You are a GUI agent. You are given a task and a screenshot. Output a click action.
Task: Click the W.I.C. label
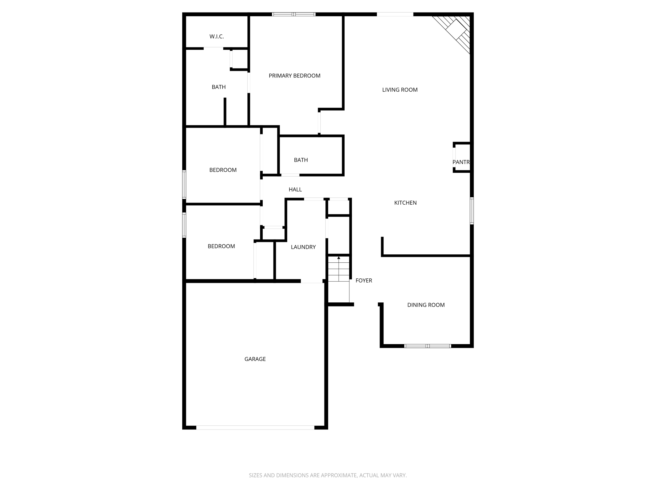pyautogui.click(x=217, y=37)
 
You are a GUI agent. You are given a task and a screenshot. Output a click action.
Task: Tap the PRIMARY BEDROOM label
pyautogui.click(x=294, y=76)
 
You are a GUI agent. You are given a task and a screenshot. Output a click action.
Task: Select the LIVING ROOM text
pyautogui.click(x=400, y=90)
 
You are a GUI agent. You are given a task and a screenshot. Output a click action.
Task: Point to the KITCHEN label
pyautogui.click(x=405, y=203)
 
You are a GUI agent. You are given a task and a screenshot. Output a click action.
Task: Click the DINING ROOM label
pyautogui.click(x=426, y=305)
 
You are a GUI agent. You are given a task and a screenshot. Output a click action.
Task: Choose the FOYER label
pyautogui.click(x=364, y=281)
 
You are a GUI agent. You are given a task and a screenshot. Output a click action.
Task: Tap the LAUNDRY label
pyautogui.click(x=303, y=247)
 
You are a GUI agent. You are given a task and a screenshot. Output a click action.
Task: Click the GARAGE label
pyautogui.click(x=255, y=359)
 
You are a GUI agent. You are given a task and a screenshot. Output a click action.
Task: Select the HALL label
pyautogui.click(x=295, y=190)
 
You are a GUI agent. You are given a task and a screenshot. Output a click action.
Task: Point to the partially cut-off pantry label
pyautogui.click(x=461, y=162)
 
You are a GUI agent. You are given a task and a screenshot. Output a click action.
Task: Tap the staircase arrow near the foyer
pyautogui.click(x=339, y=258)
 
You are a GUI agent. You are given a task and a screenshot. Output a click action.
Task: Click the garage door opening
pyautogui.click(x=255, y=427)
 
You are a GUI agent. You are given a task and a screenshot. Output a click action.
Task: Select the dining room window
pyautogui.click(x=428, y=346)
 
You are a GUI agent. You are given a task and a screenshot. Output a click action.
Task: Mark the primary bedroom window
pyautogui.click(x=294, y=14)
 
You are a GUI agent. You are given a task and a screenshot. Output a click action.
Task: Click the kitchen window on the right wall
pyautogui.click(x=471, y=210)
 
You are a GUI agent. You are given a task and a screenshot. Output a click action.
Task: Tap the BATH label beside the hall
pyautogui.click(x=301, y=160)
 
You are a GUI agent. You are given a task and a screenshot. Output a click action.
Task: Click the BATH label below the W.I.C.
pyautogui.click(x=218, y=87)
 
